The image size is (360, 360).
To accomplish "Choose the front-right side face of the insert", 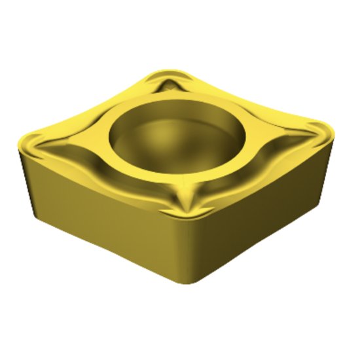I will coord(262,209).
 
